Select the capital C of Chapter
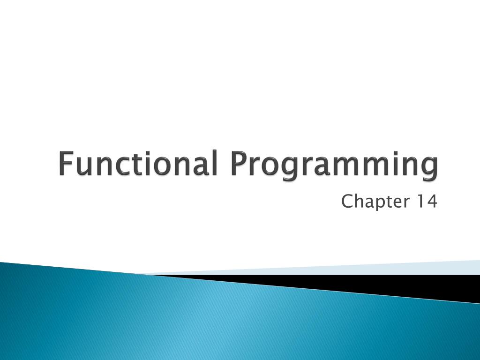347,202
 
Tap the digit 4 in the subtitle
431,202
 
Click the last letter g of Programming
429,169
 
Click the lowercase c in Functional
119,166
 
